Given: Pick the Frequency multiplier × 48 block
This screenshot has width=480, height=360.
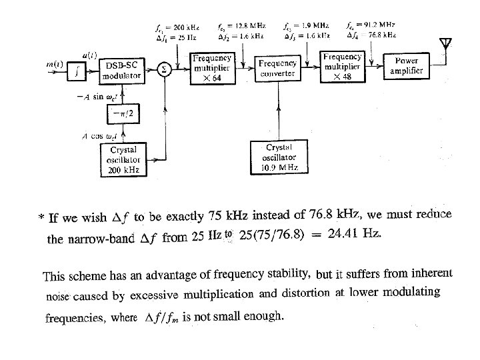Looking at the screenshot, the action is (342, 67).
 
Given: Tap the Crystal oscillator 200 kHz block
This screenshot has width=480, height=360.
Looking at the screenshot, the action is (123, 159).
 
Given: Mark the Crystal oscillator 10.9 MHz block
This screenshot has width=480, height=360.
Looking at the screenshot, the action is (278, 157).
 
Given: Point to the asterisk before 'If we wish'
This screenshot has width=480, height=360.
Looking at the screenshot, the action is (42, 218).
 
